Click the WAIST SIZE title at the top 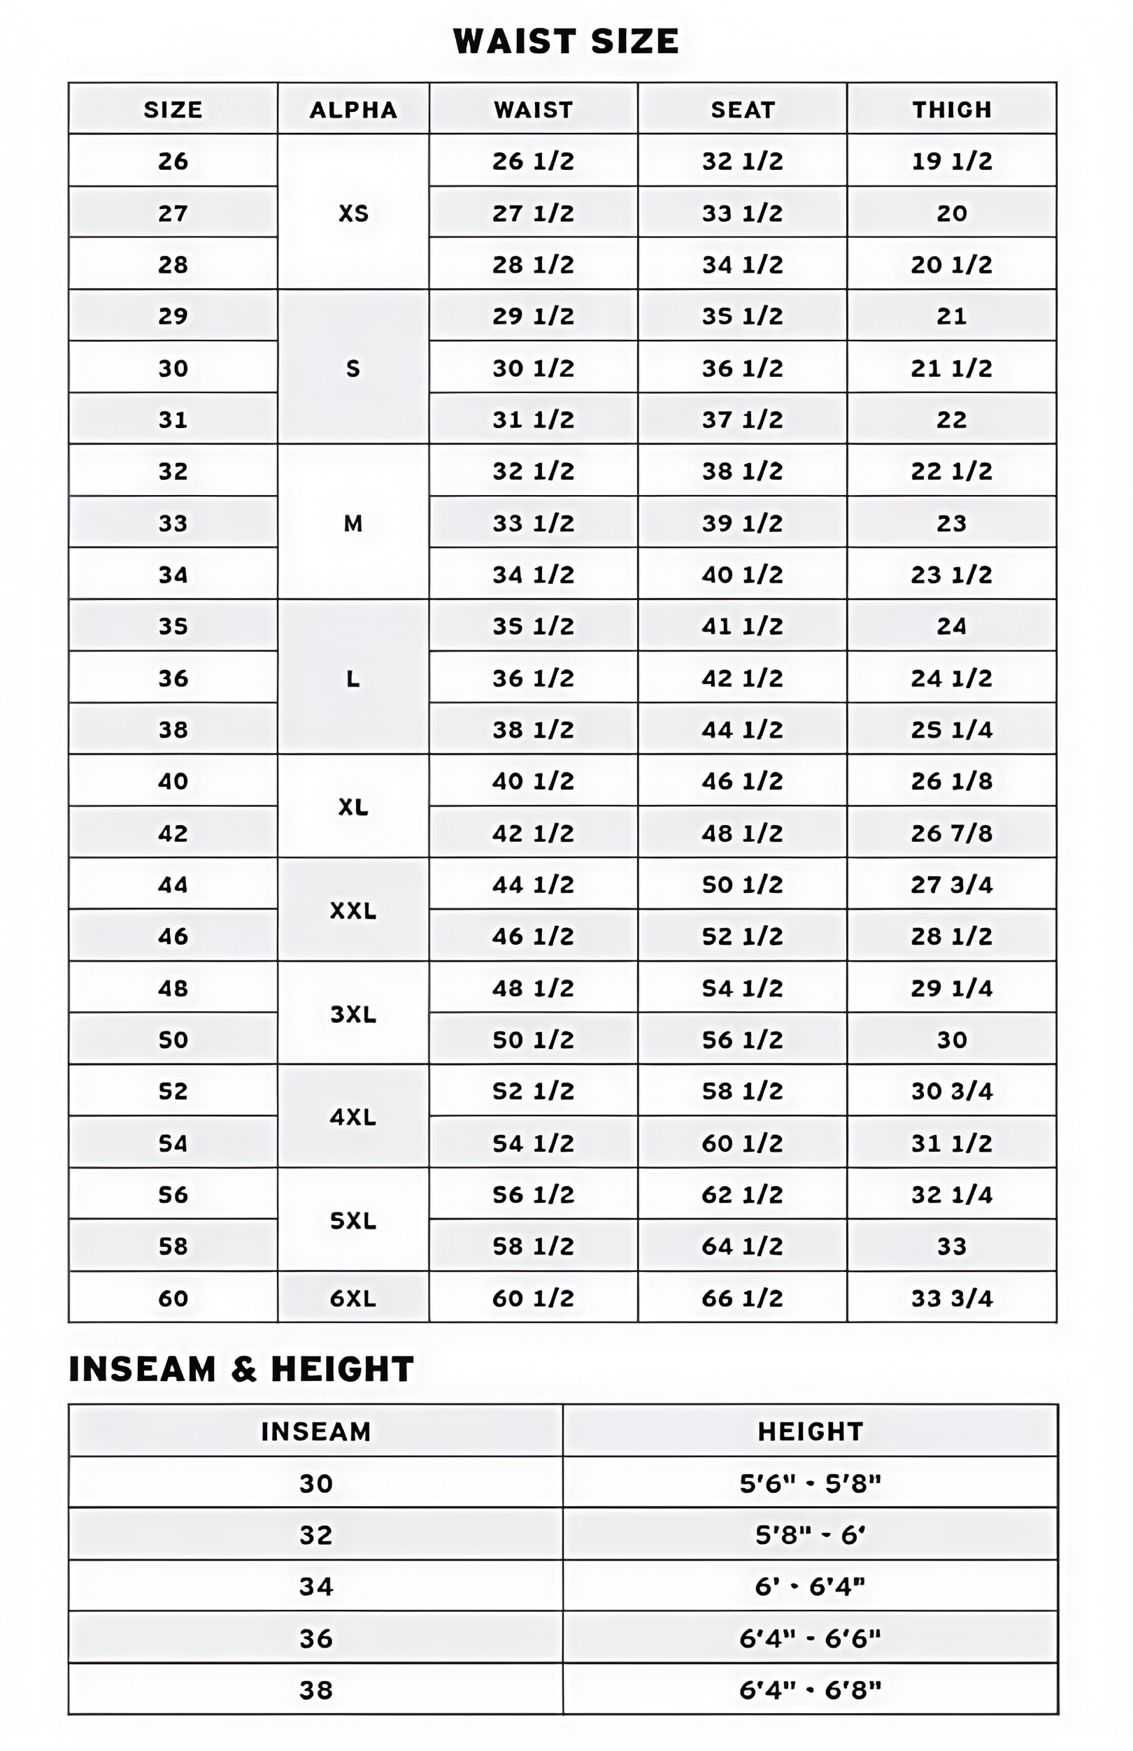coord(565,41)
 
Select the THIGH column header coord(951,110)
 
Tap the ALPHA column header coord(353,110)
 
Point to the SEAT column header coord(742,110)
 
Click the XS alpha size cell coord(353,213)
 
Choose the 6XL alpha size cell coord(353,1298)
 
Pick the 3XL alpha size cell coord(353,1014)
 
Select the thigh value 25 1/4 coord(951,729)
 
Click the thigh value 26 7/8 coord(951,834)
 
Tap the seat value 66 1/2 coord(742,1298)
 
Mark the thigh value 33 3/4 coord(951,1298)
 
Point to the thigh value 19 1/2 coord(951,161)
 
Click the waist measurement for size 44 coord(533,885)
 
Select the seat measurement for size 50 coord(742,1040)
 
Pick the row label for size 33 coord(173,523)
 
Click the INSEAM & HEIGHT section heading coord(241,1369)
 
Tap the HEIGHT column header coord(810,1431)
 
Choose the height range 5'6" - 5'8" coord(810,1483)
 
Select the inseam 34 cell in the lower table coord(315,1586)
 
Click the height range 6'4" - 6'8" coord(810,1690)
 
